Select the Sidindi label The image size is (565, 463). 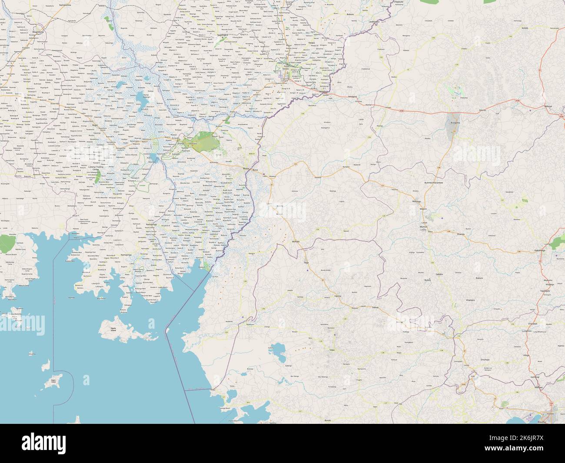(x=376, y=307)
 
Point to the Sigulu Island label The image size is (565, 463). (x=113, y=330)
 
